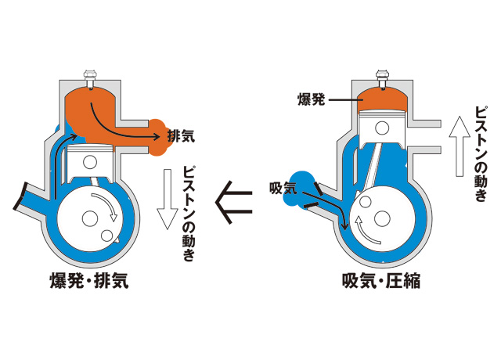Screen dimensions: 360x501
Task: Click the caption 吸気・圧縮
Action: pos(381,280)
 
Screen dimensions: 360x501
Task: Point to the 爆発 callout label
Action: pos(311,99)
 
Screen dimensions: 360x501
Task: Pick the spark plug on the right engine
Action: pos(383,78)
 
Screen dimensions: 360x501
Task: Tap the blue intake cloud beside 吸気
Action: pos(299,188)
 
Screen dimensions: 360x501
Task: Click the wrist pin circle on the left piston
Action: pos(93,160)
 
